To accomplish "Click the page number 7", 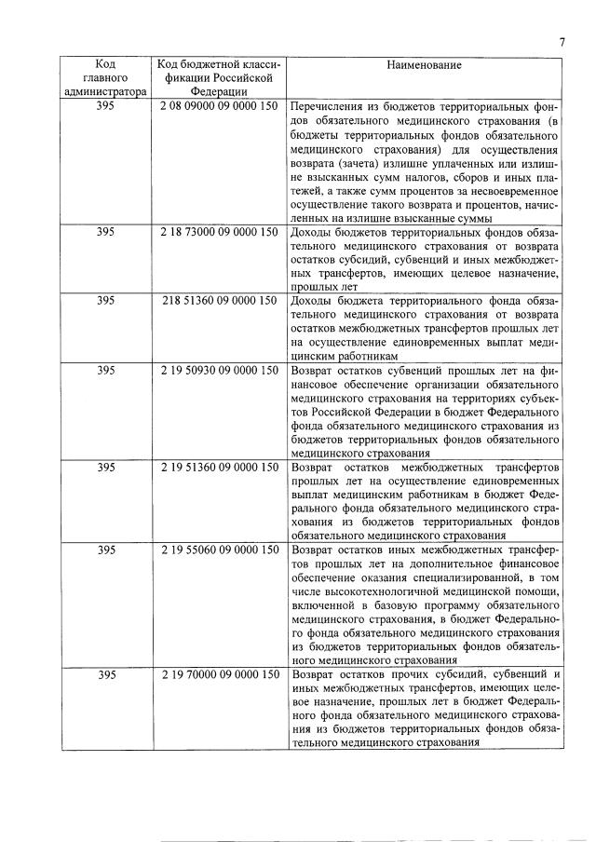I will (562, 41).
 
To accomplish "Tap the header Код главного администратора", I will (105, 78).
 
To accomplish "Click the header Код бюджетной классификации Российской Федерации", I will (219, 78).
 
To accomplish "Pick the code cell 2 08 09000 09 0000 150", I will (219, 105).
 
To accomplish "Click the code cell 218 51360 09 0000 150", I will (219, 302).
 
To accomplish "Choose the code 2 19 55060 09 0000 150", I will (219, 550).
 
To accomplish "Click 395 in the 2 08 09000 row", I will (105, 105).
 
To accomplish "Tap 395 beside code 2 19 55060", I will (105, 550).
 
